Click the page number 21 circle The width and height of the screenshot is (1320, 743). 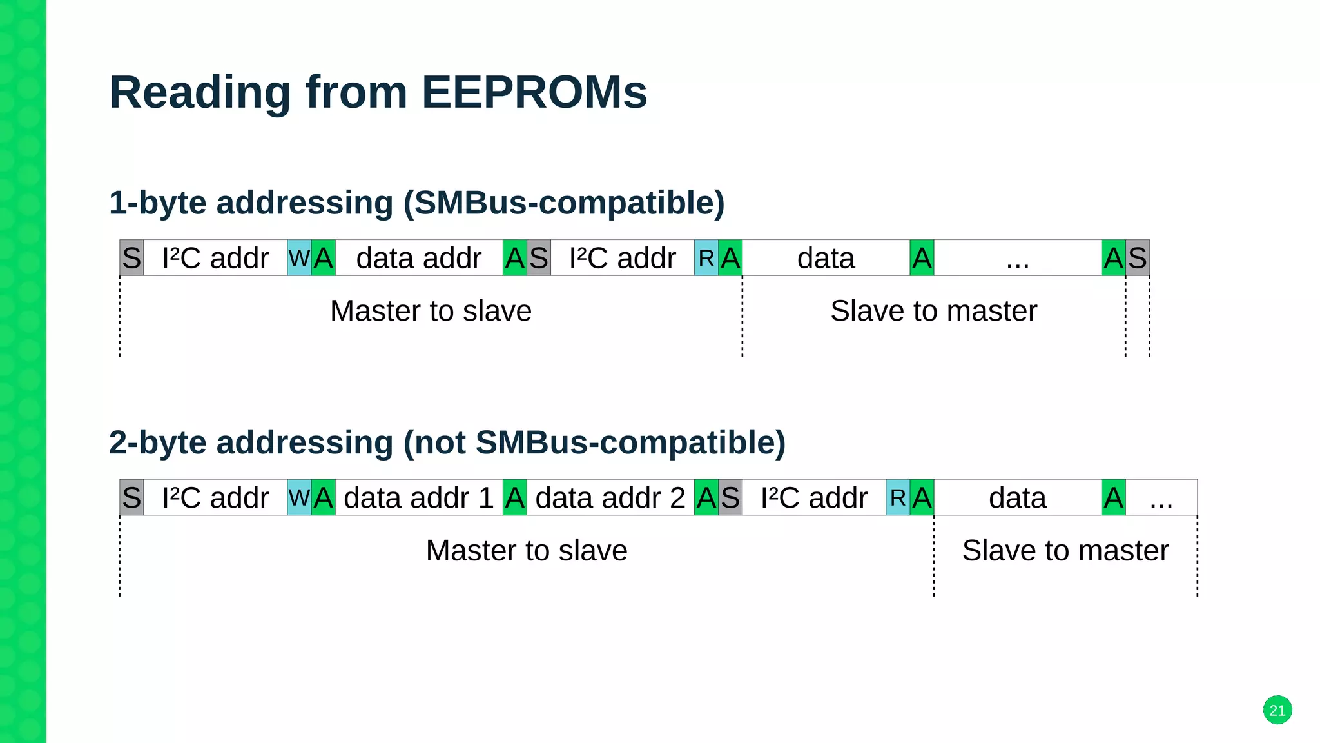pyautogui.click(x=1277, y=710)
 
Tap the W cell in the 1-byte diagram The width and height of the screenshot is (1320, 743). pyautogui.click(x=299, y=258)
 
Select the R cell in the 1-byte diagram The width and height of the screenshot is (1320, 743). pyautogui.click(x=706, y=258)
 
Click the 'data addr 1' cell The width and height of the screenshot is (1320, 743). pyautogui.click(x=418, y=498)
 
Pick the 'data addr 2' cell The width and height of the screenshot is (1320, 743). pyautogui.click(x=610, y=498)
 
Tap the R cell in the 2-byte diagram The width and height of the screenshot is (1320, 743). pyautogui.click(x=897, y=498)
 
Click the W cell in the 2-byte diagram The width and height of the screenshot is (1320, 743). pyautogui.click(x=299, y=498)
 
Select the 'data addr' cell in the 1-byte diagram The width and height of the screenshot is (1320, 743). pyautogui.click(x=418, y=258)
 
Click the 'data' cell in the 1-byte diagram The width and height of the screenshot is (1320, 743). pyautogui.click(x=826, y=258)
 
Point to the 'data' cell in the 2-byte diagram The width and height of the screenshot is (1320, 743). pyautogui.click(x=1017, y=498)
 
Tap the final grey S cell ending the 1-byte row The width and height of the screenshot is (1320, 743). pyautogui.click(x=1138, y=258)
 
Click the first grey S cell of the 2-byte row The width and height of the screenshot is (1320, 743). pyautogui.click(x=131, y=498)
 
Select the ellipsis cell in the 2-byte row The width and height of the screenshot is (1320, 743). pyautogui.click(x=1161, y=498)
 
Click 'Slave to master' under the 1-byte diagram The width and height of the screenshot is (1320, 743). pyautogui.click(x=933, y=311)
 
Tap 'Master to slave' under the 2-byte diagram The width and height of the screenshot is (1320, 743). pyautogui.click(x=526, y=551)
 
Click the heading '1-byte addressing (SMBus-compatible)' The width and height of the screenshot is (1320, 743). pyautogui.click(x=416, y=203)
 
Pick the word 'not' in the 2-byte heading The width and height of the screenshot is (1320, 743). pyautogui.click(x=438, y=443)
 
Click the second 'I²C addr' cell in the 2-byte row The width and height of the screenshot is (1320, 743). pyautogui.click(x=813, y=498)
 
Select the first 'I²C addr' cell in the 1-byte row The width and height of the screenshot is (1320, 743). pyautogui.click(x=215, y=258)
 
